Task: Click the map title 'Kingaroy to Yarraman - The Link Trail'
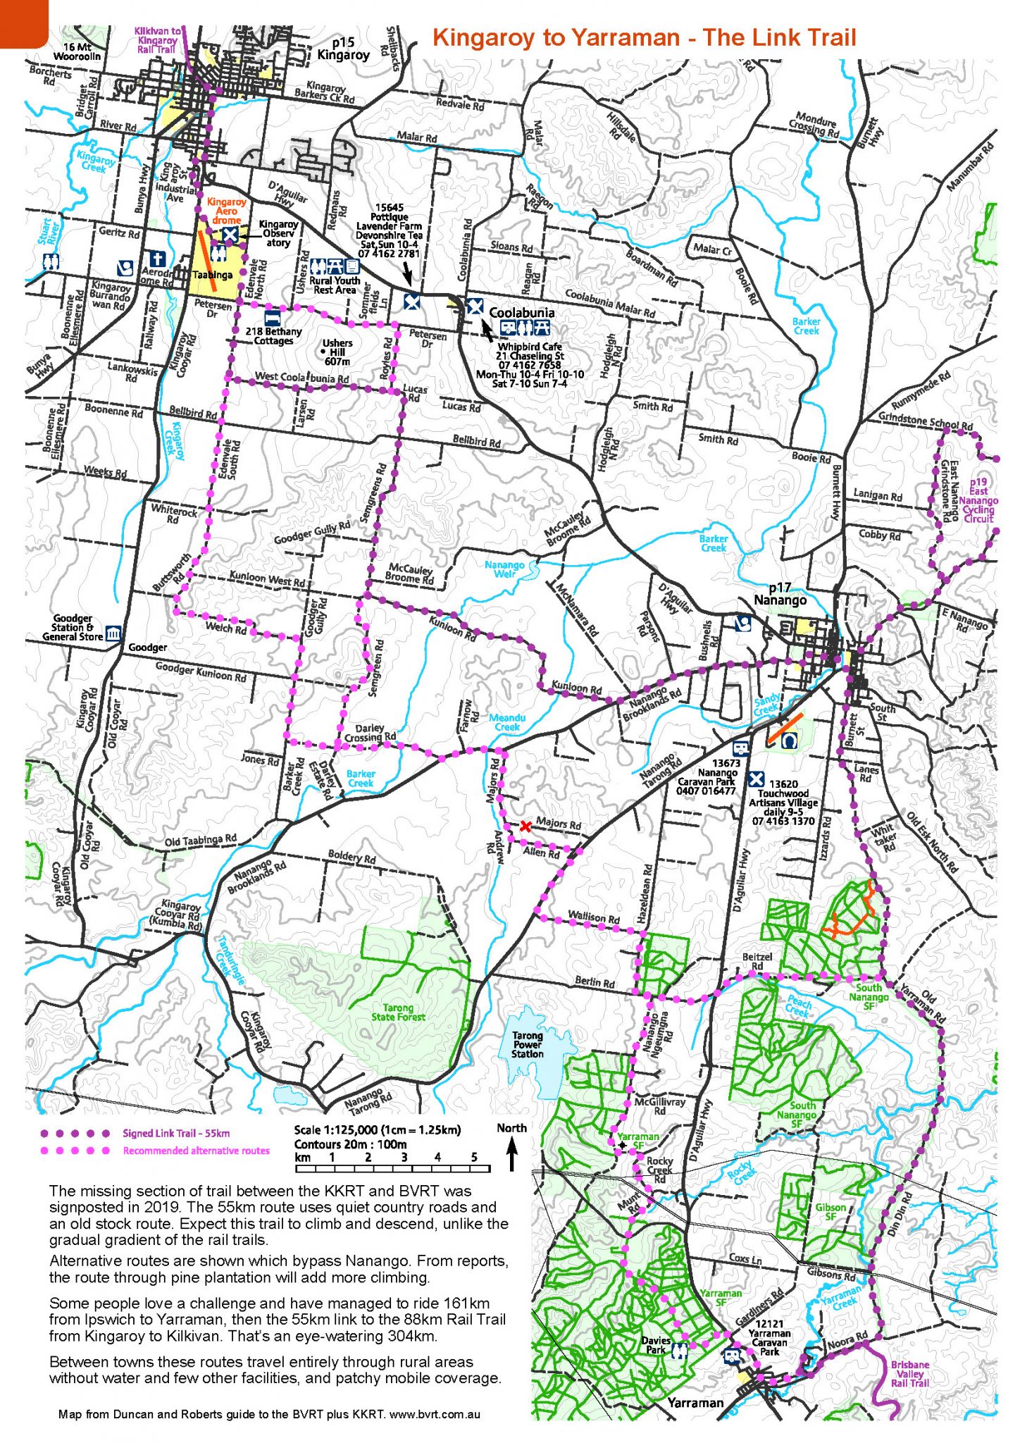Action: (x=644, y=38)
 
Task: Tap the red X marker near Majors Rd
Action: (x=525, y=826)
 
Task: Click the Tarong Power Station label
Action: (x=527, y=1044)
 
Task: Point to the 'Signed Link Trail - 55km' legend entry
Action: (x=176, y=1134)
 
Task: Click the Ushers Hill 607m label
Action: (x=337, y=352)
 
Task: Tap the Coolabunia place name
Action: (x=521, y=312)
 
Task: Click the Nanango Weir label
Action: (x=504, y=569)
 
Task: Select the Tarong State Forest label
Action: (x=399, y=1012)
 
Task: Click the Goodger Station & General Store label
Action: (x=73, y=627)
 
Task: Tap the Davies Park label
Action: (x=656, y=1344)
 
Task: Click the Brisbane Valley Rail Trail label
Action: (x=909, y=1373)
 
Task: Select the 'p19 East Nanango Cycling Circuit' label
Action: (x=978, y=500)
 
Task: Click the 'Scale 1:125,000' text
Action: (x=377, y=1129)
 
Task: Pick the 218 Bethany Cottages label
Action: (x=273, y=335)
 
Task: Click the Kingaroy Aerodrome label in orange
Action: (x=226, y=211)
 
